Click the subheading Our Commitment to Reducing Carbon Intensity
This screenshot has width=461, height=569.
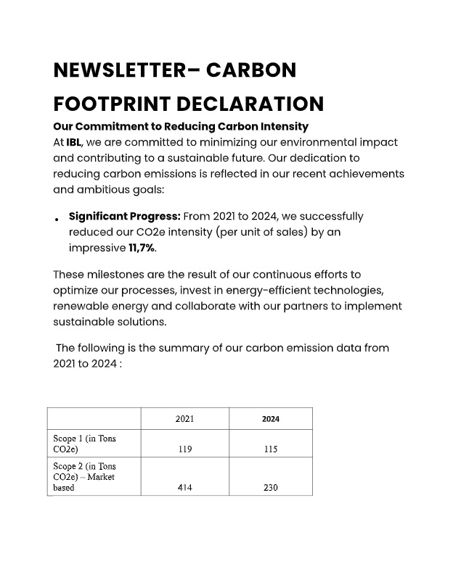tap(181, 127)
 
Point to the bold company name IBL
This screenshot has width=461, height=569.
tap(74, 142)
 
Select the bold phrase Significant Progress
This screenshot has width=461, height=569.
tap(124, 216)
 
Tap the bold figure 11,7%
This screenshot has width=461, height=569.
tap(142, 248)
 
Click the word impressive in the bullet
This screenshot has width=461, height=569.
tap(97, 248)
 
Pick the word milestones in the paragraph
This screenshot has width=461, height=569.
tap(115, 275)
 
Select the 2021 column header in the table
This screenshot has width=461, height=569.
tap(184, 419)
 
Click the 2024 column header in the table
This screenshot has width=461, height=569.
tap(271, 419)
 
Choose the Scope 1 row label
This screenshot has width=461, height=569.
tap(84, 444)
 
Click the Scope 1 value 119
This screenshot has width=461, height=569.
tap(184, 449)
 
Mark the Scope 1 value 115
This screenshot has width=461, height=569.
tap(271, 449)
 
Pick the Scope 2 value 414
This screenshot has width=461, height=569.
tap(184, 488)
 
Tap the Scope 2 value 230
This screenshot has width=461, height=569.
tap(271, 488)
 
